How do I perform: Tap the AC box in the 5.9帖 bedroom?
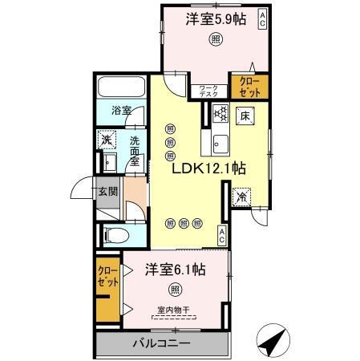[262, 19]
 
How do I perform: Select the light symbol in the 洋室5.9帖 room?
[216, 39]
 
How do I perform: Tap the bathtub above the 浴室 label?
[120, 88]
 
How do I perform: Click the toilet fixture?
[115, 236]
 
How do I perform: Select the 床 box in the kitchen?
[245, 116]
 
